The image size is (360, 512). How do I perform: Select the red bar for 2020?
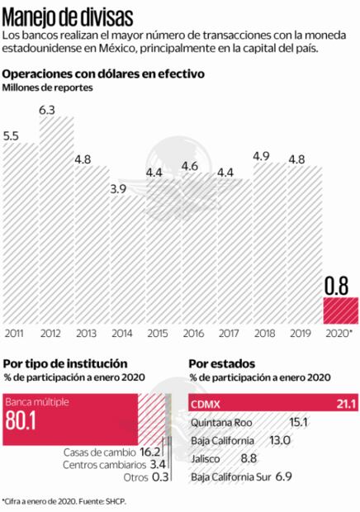(338, 311)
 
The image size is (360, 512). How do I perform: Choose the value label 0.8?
(338, 286)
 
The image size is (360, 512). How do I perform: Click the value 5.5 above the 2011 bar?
(12, 135)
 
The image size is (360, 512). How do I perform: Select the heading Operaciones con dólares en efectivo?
(103, 73)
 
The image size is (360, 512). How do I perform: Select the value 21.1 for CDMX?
(343, 404)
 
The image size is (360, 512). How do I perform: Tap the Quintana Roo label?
(220, 423)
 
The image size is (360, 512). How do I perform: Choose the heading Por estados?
(221, 363)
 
